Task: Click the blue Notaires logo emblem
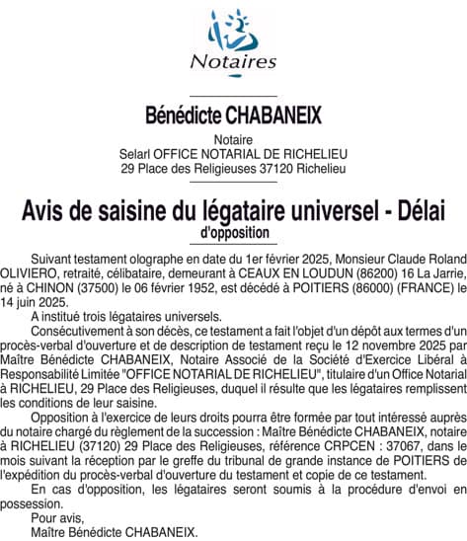233,31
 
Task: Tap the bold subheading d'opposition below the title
233,232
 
